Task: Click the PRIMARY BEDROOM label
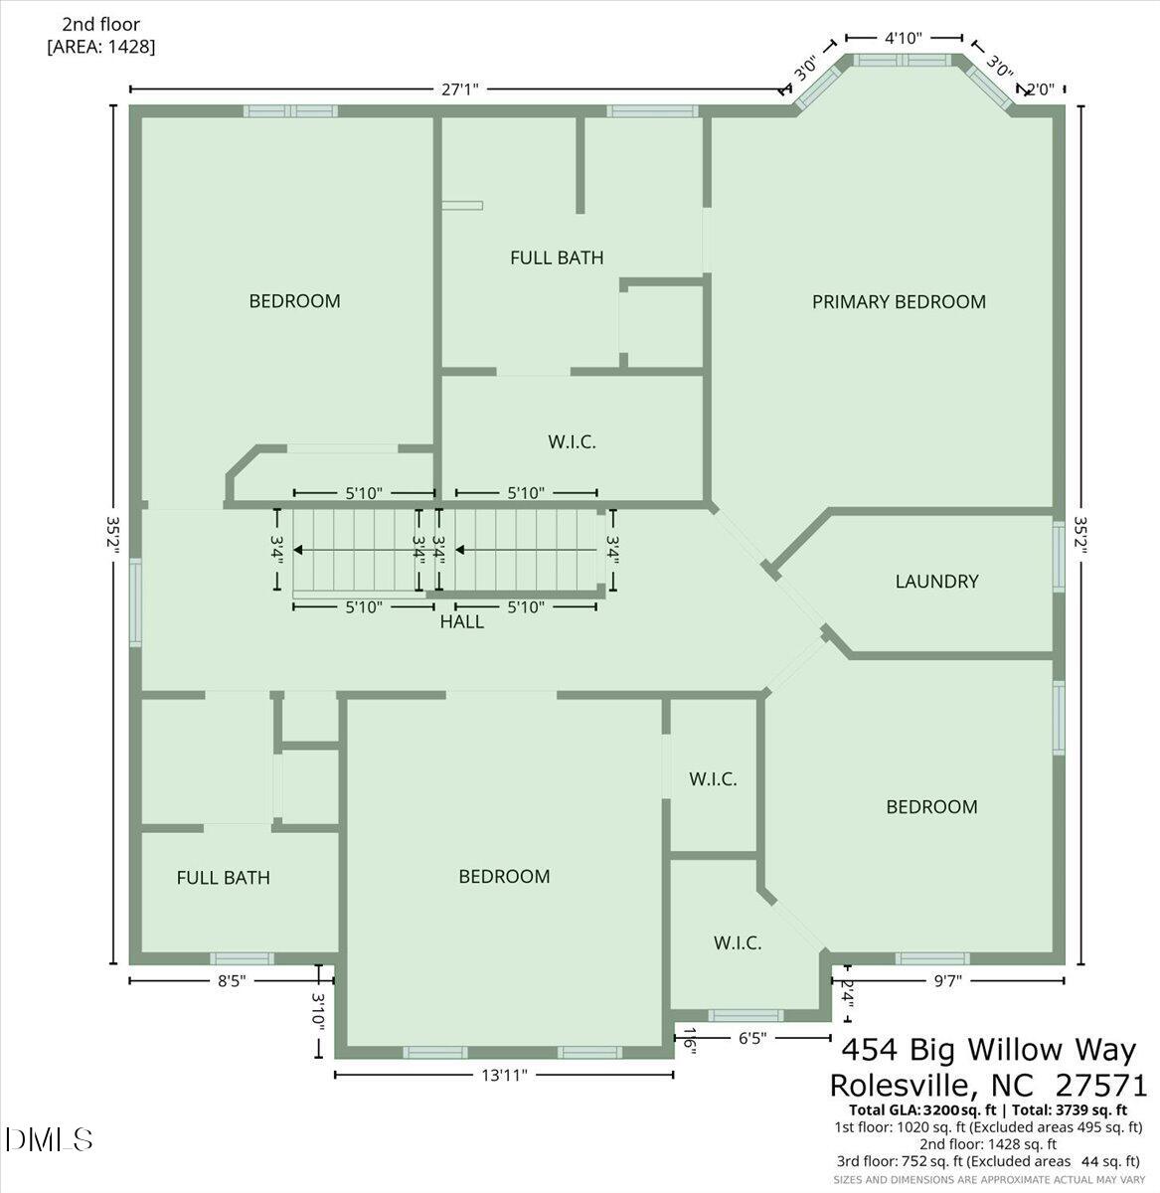click(899, 301)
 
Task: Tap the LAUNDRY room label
click(936, 582)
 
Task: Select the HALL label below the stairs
click(462, 622)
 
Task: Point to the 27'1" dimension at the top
click(460, 89)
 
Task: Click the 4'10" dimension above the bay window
click(904, 38)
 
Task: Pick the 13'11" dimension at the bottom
click(504, 1075)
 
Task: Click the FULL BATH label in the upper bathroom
click(557, 257)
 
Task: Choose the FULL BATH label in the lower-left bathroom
click(223, 878)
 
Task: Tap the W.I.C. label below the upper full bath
click(572, 441)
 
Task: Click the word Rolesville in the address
click(909, 1084)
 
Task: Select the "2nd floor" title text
click(101, 24)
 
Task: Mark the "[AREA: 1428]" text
click(101, 46)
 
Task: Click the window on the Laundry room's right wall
click(1059, 557)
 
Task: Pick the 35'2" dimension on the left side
click(116, 539)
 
